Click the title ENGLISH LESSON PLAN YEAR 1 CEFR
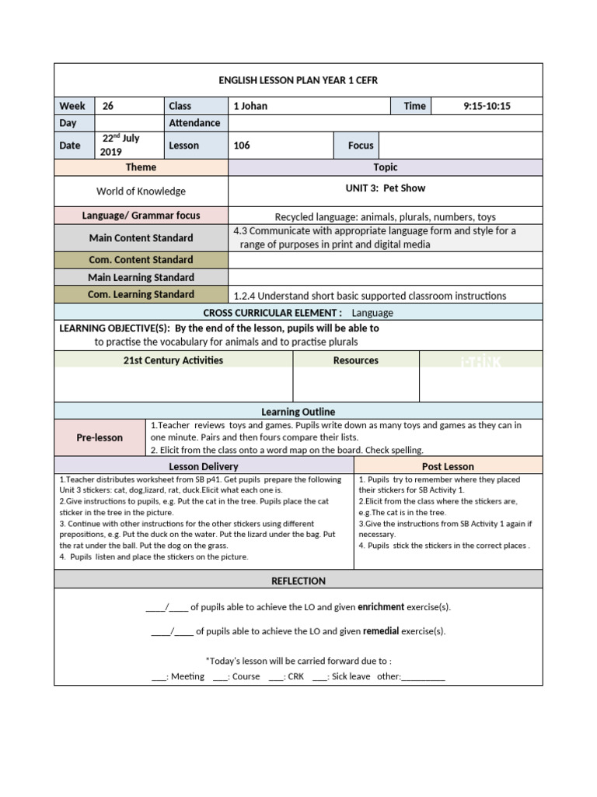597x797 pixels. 298,80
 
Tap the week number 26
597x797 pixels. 108,106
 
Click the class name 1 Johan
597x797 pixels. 250,106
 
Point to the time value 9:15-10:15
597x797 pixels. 487,106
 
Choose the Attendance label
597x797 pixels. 194,123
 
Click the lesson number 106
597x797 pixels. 242,145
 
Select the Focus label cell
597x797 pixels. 361,145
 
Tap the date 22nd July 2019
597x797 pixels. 120,145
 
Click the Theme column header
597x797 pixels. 141,167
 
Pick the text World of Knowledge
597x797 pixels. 141,191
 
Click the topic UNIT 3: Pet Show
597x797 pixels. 385,188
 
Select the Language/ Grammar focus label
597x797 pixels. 141,216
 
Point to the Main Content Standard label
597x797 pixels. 141,237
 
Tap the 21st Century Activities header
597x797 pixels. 173,360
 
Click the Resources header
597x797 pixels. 355,360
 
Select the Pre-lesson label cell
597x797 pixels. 99,437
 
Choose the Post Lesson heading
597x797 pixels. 448,466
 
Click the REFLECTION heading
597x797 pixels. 298,581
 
